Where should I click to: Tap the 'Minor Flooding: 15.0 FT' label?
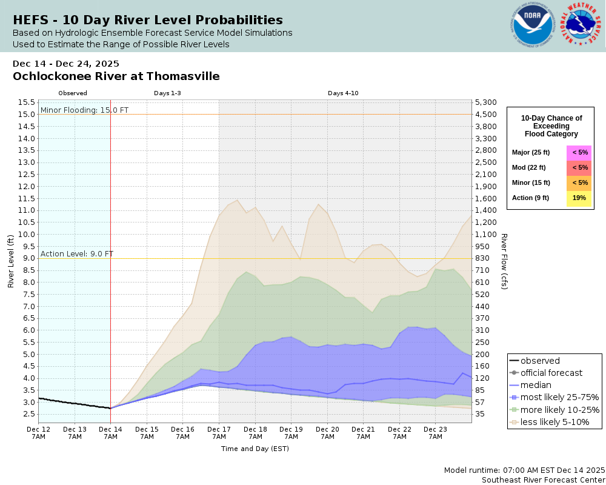[x=84, y=110]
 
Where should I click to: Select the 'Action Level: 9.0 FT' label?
[x=77, y=254]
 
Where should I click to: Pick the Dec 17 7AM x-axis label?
[x=219, y=432]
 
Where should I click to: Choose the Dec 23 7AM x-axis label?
[x=435, y=432]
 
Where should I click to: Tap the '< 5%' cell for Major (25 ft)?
[x=579, y=153]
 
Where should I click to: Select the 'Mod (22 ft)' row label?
[x=528, y=168]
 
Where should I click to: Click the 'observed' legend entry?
[x=540, y=361]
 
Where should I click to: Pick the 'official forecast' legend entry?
[x=551, y=373]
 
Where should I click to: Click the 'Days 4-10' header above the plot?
[x=344, y=93]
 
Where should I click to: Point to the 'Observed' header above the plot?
[x=73, y=93]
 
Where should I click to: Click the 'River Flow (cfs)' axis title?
[x=504, y=261]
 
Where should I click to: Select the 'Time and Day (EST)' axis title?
[x=255, y=449]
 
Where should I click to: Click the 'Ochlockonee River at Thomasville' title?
[x=116, y=76]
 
